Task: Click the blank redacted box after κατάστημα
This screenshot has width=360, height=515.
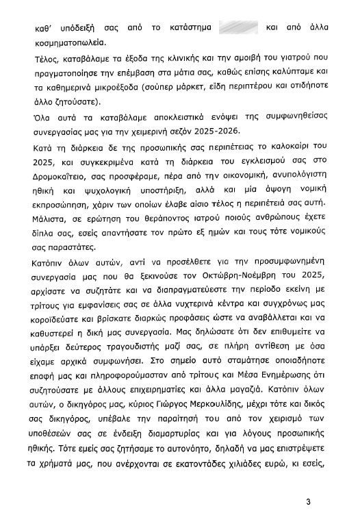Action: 237,29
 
